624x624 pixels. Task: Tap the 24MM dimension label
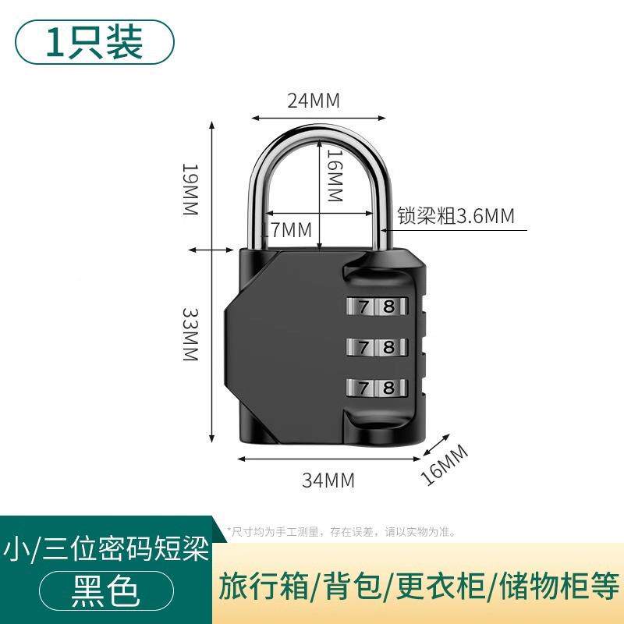pyautogui.click(x=314, y=101)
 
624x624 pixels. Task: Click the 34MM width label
pyautogui.click(x=328, y=480)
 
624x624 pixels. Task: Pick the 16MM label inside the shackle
pyautogui.click(x=334, y=175)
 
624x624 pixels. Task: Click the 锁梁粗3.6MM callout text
pyautogui.click(x=456, y=216)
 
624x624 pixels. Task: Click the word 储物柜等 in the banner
pyautogui.click(x=569, y=585)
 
